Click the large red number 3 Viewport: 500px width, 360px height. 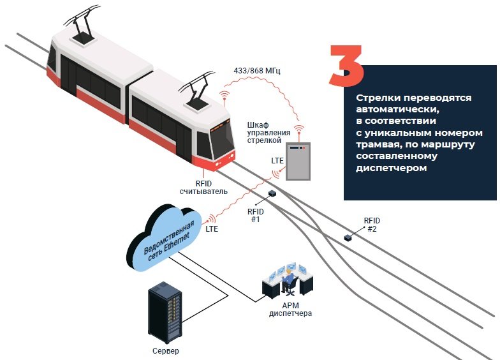click(346, 66)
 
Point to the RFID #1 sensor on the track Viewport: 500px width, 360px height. click(272, 193)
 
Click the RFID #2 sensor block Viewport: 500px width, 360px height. click(348, 237)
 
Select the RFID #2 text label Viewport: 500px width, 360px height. click(372, 225)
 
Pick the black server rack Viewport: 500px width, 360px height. click(165, 313)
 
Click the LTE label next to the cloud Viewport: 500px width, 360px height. click(212, 228)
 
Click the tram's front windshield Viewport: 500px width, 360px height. click(221, 137)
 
